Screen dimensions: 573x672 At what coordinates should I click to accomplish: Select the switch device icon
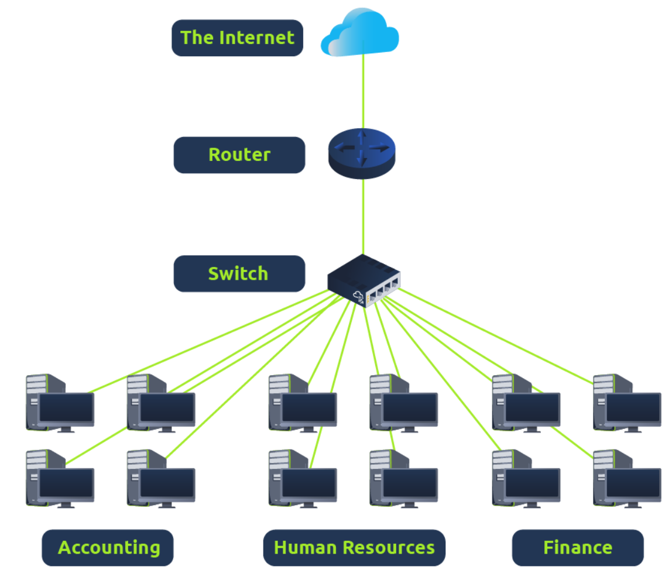[364, 280]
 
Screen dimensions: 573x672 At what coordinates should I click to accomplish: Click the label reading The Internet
[237, 38]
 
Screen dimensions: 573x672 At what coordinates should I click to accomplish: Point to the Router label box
[239, 155]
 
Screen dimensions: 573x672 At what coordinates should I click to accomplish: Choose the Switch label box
[239, 273]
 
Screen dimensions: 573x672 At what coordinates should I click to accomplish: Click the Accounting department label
[108, 548]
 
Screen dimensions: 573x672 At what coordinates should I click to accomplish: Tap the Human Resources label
[354, 548]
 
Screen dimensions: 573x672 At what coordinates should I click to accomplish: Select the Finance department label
[577, 548]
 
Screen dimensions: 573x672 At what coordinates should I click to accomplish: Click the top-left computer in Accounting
[60, 404]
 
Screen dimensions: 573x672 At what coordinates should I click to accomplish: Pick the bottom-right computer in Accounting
[161, 479]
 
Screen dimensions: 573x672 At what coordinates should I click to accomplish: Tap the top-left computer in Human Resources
[303, 404]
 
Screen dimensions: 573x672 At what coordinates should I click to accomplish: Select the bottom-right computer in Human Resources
[403, 479]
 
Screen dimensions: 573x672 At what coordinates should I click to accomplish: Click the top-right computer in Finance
[627, 404]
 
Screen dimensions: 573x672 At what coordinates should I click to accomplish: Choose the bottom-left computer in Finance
[526, 479]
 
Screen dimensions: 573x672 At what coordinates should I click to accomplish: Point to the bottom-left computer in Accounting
[60, 479]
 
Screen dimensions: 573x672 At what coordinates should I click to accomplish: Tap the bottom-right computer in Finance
[627, 479]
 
